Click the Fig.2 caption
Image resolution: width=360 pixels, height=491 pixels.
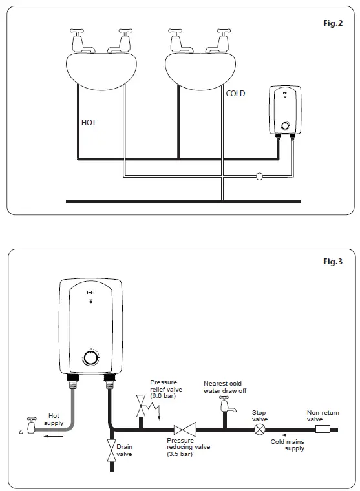pos(334,23)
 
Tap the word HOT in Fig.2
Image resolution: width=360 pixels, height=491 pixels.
pos(89,122)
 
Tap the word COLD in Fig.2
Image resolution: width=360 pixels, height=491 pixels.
pos(235,94)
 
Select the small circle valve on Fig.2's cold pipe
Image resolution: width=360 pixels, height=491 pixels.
pos(259,176)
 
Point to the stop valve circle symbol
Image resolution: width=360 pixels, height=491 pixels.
pos(260,428)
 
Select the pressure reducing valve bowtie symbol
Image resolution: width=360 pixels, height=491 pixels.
pos(185,428)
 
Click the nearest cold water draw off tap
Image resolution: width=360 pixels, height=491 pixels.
pos(224,405)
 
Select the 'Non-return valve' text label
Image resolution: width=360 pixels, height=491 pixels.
pos(323,415)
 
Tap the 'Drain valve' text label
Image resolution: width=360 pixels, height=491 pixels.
pos(124,450)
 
